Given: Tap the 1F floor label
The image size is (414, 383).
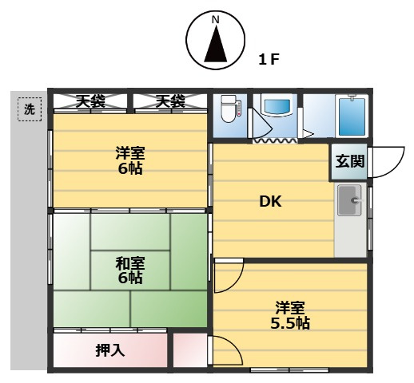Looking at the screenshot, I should tap(269, 60).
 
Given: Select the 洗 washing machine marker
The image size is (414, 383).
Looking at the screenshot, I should tap(30, 111).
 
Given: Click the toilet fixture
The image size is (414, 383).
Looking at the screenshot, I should tap(229, 109).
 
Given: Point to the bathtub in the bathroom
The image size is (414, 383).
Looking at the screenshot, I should tap(351, 116).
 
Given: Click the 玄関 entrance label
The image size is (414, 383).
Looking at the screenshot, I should tap(349, 161).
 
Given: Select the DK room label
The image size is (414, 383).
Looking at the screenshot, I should tap(269, 201).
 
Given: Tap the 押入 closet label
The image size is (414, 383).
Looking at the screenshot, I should tap(109, 349).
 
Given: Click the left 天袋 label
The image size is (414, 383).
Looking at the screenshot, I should tap(90, 101).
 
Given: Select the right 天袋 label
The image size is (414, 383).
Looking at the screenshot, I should tap(169, 101).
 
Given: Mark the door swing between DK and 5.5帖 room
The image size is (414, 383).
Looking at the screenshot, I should tap(229, 276).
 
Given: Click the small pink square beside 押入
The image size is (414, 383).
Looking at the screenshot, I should tap(189, 350).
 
